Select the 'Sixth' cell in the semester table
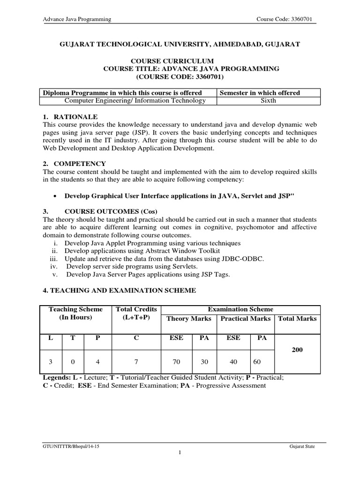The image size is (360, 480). tap(268, 100)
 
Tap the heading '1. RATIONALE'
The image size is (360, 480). tap(70, 116)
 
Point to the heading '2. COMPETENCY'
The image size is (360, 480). tap(74, 164)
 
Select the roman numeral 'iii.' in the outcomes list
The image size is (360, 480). tap(55, 258)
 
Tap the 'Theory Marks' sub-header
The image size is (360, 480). tap(189, 319)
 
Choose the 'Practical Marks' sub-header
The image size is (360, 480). tap(245, 319)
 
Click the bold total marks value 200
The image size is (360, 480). tap(298, 350)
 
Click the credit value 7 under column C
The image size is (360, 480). tap(135, 362)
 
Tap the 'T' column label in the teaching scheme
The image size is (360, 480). tap(73, 338)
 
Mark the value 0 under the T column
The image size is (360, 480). tap(73, 362)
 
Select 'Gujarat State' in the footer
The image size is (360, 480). tap(302, 447)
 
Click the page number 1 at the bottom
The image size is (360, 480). tap(180, 453)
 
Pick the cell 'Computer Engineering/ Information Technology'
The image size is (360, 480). tap(135, 100)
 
